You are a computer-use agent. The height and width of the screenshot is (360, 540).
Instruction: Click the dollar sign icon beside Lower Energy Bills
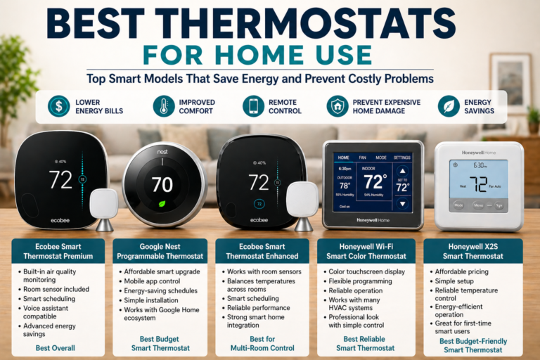tap(58, 106)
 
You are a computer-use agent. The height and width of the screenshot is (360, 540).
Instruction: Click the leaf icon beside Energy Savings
tap(448, 106)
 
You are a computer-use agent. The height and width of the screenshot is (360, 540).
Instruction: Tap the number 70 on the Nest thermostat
tap(162, 185)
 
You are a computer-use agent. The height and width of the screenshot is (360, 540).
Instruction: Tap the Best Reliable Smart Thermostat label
tap(365, 342)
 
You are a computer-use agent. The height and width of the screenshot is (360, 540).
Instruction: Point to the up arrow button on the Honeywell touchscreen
tap(402, 171)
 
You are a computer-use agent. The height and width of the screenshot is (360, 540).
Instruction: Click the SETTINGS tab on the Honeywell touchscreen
tap(402, 157)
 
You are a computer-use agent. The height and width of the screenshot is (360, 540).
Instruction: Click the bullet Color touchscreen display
tap(366, 271)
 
